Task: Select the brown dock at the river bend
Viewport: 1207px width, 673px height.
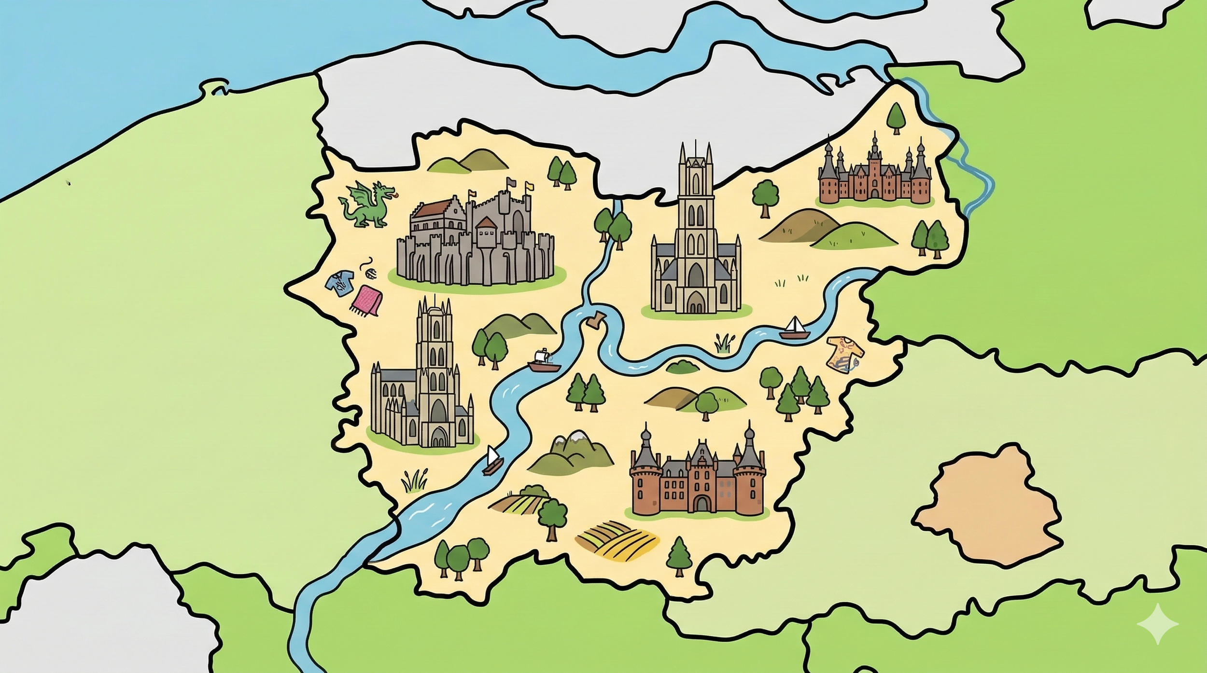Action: [595, 319]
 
